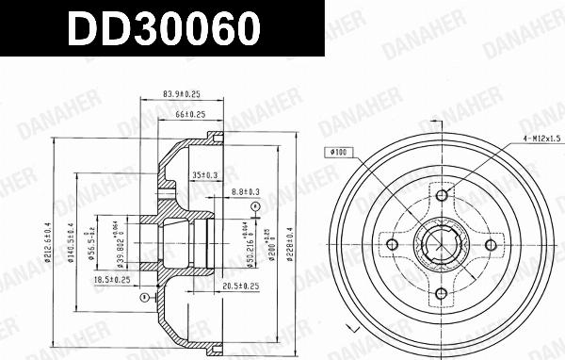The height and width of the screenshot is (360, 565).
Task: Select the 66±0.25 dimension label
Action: (x=191, y=115)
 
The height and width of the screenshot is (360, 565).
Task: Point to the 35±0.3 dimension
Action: (x=204, y=175)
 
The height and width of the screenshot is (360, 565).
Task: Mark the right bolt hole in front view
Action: (x=490, y=245)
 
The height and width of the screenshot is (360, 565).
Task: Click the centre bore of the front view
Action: (x=441, y=245)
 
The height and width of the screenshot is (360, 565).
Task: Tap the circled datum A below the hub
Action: (x=142, y=297)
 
